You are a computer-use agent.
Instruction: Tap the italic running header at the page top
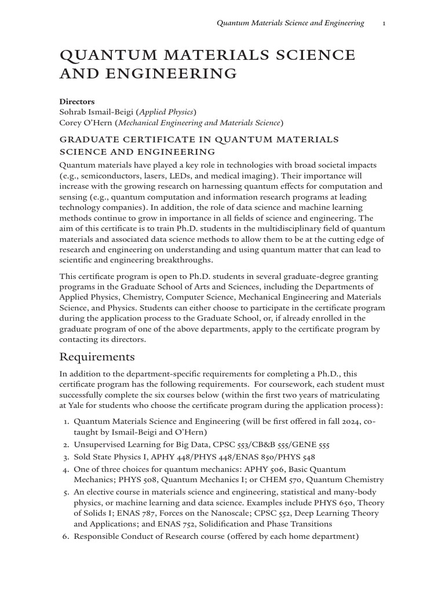[290, 23]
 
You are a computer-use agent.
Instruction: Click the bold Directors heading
[77, 101]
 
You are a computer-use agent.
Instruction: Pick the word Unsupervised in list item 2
[99, 445]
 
